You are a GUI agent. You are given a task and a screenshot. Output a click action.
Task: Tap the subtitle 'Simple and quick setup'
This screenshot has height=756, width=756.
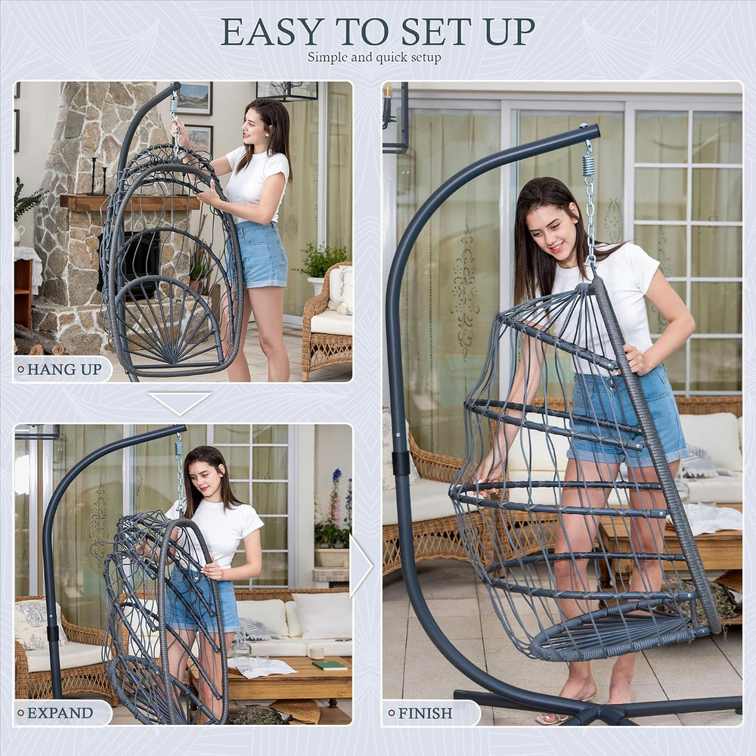point(374,57)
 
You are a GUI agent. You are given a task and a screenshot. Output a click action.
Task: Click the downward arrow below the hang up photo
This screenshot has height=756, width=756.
point(179,403)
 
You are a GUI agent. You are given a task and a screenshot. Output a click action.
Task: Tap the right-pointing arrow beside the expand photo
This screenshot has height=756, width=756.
point(361,565)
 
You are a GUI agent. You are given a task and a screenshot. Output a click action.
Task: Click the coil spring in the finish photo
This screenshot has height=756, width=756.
point(588,164)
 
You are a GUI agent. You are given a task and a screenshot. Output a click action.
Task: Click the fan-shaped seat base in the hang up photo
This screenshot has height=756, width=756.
point(167,322)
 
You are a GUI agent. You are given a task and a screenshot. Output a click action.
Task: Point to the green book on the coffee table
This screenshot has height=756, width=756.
point(330,665)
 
